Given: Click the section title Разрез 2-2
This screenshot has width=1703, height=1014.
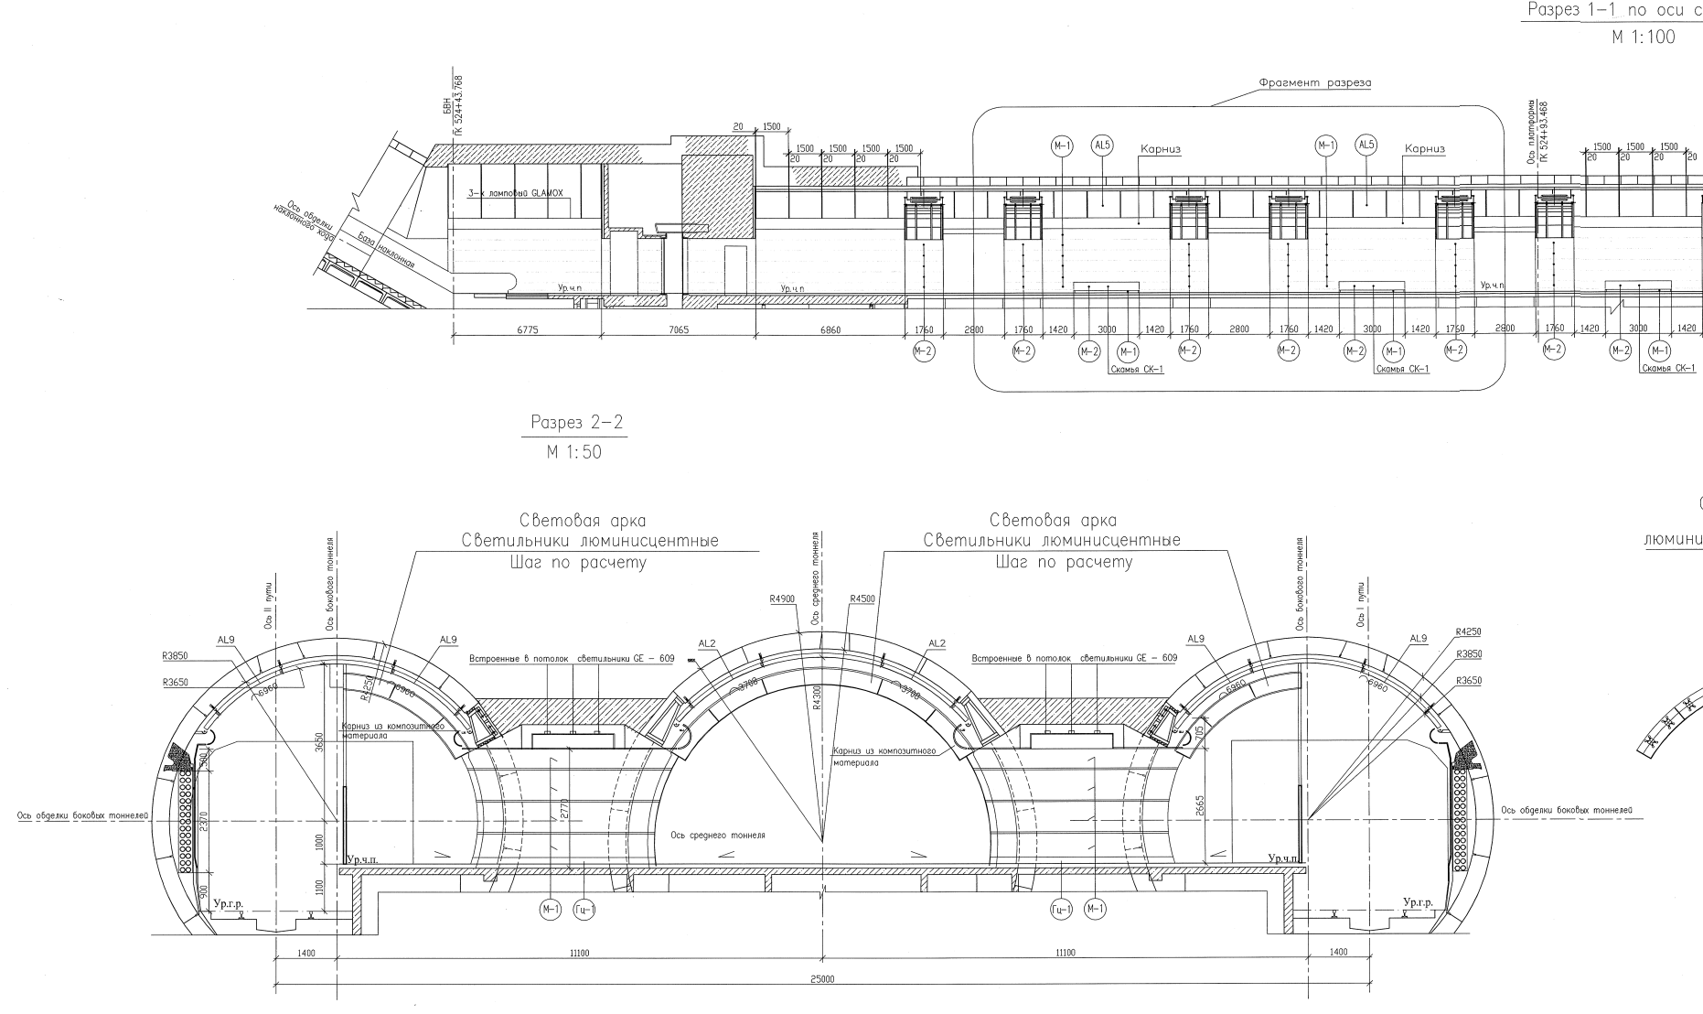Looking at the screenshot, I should click(x=572, y=424).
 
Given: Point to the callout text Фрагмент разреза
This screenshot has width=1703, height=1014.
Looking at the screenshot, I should click(x=1314, y=83).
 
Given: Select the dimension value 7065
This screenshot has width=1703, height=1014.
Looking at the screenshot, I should click(x=680, y=329).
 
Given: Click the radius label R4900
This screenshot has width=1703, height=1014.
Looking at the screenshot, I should click(x=782, y=599).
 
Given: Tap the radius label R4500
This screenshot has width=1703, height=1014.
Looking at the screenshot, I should click(x=862, y=599).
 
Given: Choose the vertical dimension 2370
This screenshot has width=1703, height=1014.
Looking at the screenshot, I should click(x=203, y=823).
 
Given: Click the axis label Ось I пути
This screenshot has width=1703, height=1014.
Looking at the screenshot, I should click(x=1362, y=605).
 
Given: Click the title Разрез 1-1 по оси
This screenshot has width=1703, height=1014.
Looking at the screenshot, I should click(x=1612, y=11).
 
